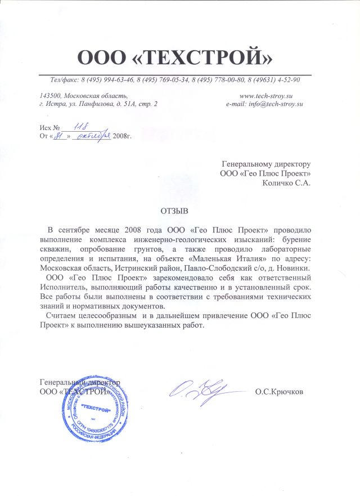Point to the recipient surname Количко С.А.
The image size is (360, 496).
pos(287,182)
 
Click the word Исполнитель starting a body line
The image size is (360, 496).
pos(60,287)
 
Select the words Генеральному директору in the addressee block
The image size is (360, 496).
pos(267,164)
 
